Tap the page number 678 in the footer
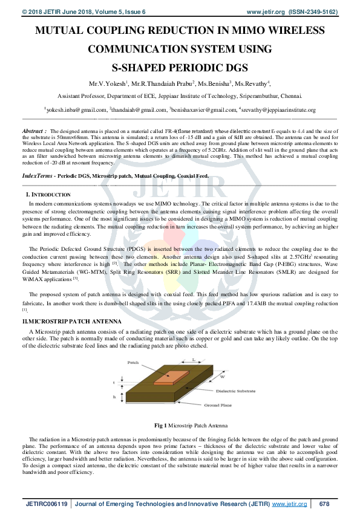324,503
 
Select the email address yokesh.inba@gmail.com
75,110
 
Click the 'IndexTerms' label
36,175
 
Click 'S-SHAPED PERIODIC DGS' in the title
180,68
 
